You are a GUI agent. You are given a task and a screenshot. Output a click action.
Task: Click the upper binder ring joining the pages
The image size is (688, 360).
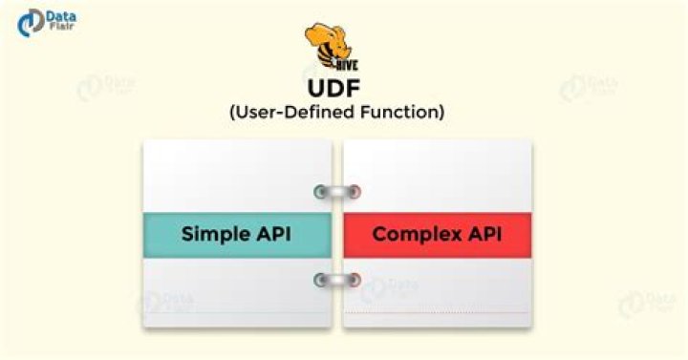(337, 192)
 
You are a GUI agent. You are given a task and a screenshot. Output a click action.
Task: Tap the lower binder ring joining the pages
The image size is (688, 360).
(337, 280)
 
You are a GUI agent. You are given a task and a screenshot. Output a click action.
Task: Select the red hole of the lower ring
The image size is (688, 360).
(355, 280)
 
